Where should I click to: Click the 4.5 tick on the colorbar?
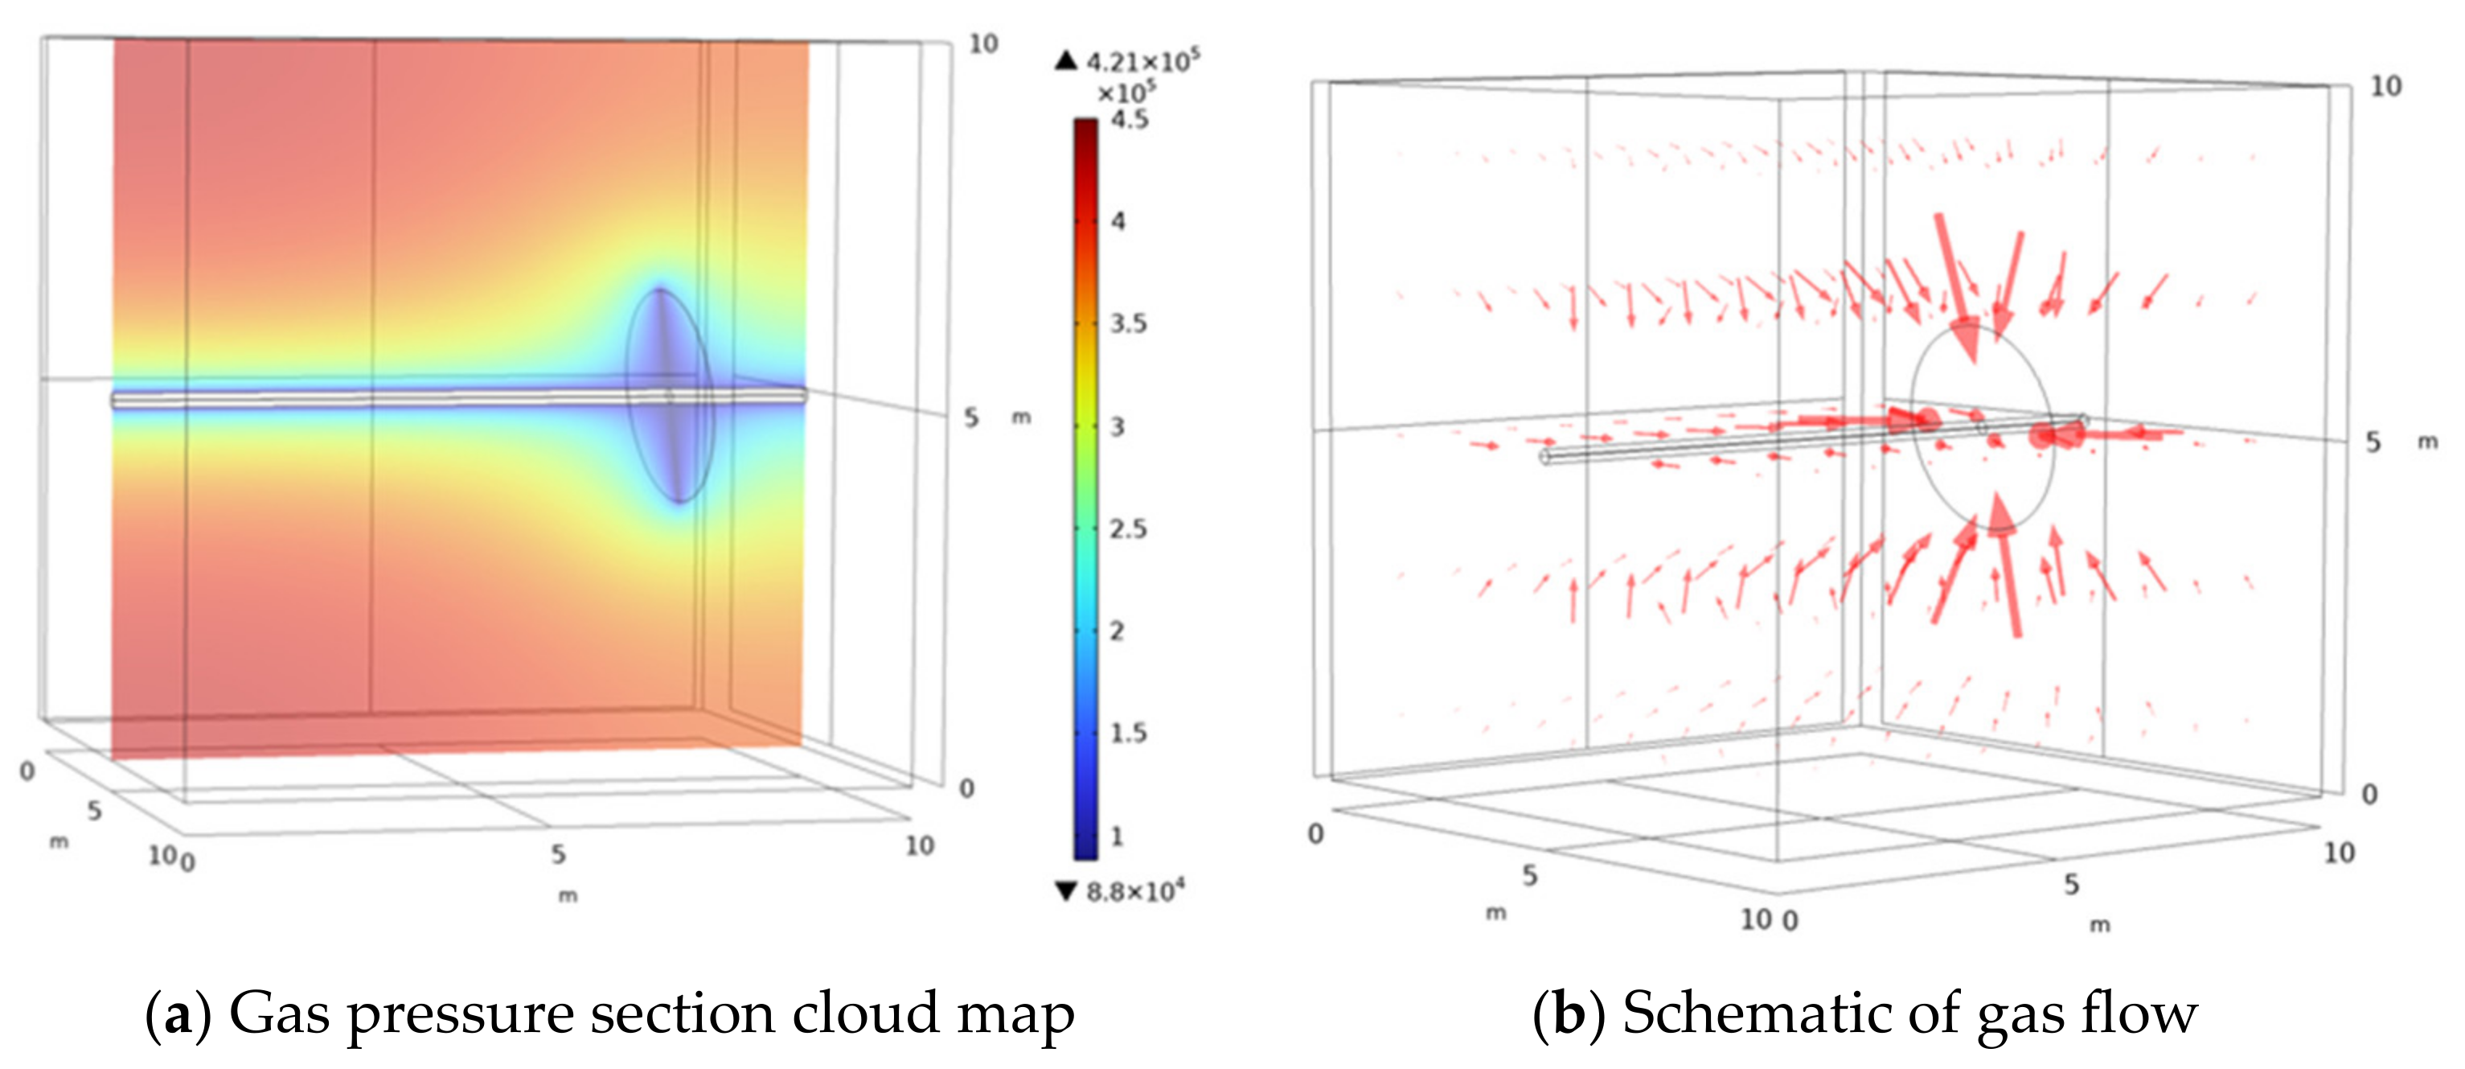point(1129,121)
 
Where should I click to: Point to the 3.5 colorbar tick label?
point(1128,324)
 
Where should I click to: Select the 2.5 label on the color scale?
point(1128,529)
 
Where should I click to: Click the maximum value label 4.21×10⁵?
point(1142,62)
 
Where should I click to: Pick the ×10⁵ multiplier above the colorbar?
point(1126,93)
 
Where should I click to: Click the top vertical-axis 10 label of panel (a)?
point(982,44)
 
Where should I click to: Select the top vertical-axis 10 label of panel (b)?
point(2385,87)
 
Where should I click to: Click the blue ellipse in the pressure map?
point(670,394)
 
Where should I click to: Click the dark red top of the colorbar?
point(1085,130)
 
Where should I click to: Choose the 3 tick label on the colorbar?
point(1117,427)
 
